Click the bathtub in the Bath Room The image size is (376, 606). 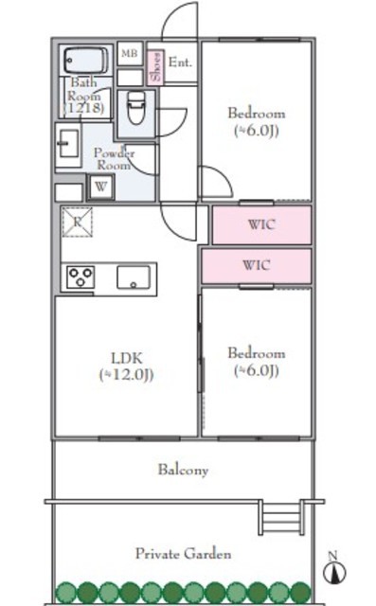click(85, 60)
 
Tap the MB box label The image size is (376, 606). click(130, 53)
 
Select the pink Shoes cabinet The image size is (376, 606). click(155, 67)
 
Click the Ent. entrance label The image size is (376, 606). click(180, 62)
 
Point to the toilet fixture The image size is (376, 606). click(136, 107)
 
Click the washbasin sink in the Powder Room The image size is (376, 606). click(68, 144)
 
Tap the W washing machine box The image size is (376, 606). click(100, 187)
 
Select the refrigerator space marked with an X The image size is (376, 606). click(78, 222)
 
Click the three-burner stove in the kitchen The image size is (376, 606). click(81, 277)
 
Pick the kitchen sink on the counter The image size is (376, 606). click(134, 277)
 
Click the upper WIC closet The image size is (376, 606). click(262, 225)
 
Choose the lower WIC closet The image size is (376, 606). click(257, 266)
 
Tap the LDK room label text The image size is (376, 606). click(127, 358)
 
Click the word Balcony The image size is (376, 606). click(183, 470)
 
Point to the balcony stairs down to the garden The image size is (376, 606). click(281, 518)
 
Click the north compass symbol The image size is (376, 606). click(333, 569)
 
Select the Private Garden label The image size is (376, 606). click(183, 554)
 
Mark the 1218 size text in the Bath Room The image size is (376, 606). click(84, 107)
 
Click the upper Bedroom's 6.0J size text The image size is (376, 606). click(257, 131)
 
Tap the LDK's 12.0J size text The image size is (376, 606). click(126, 375)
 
